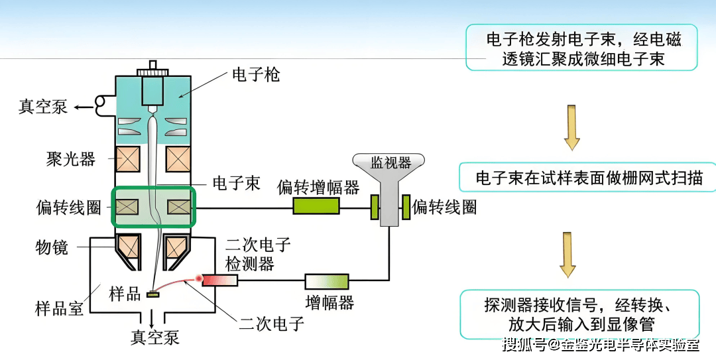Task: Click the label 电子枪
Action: point(255,74)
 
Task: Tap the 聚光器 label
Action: point(71,159)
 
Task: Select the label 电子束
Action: point(236,184)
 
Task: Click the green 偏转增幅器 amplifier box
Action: point(316,207)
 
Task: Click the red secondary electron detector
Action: point(219,280)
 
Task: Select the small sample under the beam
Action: point(154,294)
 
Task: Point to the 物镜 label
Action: point(51,247)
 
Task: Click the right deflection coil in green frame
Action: point(178,208)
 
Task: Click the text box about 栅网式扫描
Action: point(587,178)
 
